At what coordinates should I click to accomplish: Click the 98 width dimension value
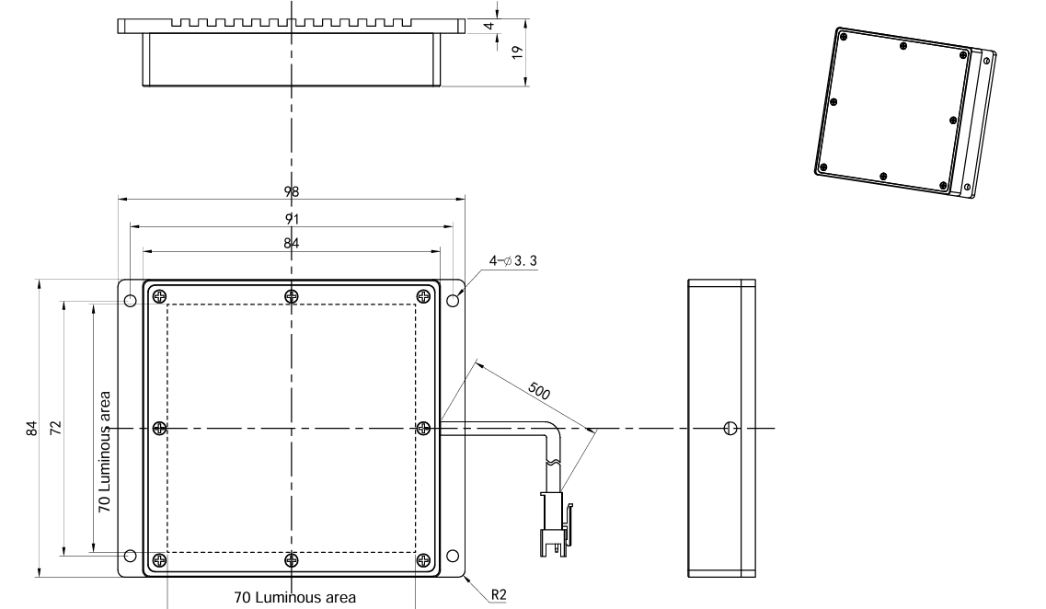292,191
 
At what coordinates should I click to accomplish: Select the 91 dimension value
292,219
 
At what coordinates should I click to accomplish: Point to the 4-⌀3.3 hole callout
513,260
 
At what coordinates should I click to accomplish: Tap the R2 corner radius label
499,594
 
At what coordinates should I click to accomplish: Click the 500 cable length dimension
539,391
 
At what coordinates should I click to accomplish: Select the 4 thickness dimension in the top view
489,26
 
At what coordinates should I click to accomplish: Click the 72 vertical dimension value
56,428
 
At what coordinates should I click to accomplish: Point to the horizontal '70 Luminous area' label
295,598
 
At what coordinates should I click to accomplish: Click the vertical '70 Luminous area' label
104,452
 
